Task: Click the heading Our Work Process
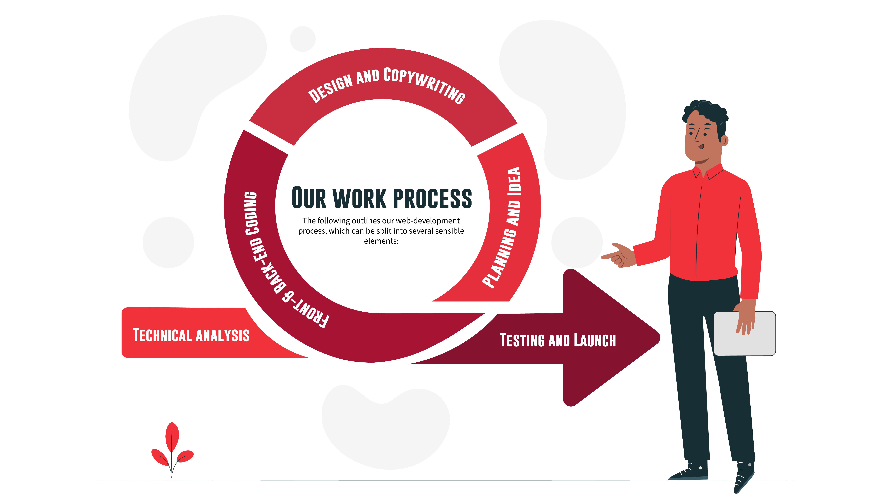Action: (x=382, y=198)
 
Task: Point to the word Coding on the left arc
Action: (x=251, y=213)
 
